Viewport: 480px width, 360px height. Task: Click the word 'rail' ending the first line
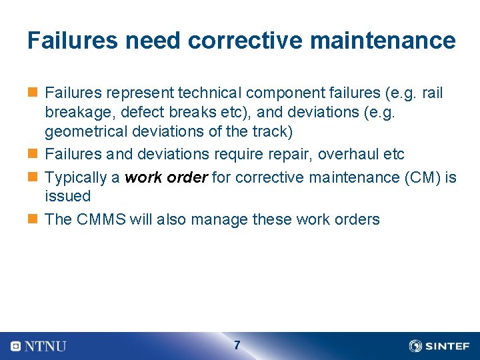pyautogui.click(x=432, y=93)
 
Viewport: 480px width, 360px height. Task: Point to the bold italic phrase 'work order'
pyautogui.click(x=166, y=177)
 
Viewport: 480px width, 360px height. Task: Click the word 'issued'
pyautogui.click(x=67, y=196)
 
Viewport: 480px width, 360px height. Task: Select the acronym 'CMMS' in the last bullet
pyautogui.click(x=101, y=219)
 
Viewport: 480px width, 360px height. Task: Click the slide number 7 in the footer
pyautogui.click(x=237, y=345)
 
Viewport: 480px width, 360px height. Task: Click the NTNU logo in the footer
pyautogui.click(x=39, y=346)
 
